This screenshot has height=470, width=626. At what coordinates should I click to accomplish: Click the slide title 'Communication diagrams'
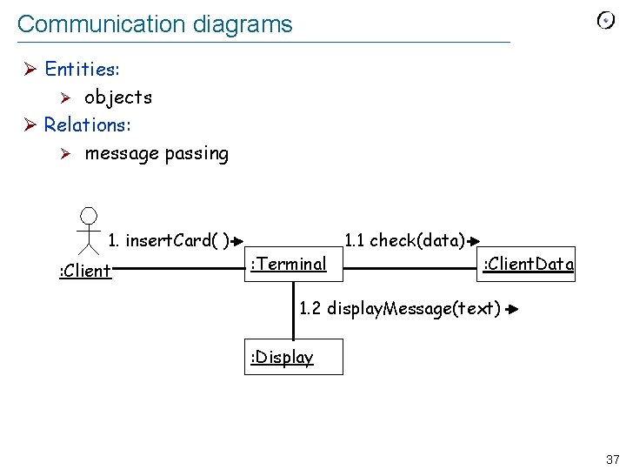click(155, 24)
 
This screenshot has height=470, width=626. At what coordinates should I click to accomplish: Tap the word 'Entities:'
click(82, 69)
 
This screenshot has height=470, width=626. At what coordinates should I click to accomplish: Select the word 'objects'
click(117, 97)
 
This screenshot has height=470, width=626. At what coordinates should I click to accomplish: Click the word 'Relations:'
click(87, 124)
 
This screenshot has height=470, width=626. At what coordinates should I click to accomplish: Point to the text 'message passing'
click(156, 154)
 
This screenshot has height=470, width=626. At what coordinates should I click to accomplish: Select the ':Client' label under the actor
click(85, 271)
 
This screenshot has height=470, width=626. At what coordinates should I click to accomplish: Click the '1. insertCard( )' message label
click(168, 240)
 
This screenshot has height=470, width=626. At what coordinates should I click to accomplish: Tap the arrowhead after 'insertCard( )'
click(237, 241)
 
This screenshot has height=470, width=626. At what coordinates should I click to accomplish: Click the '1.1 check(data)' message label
click(404, 240)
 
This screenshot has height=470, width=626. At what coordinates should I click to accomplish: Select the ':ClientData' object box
click(528, 264)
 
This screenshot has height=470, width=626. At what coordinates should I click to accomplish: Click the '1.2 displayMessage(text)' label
click(400, 308)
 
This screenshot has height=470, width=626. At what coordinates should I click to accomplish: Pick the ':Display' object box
click(293, 357)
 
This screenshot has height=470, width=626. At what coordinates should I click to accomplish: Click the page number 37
click(612, 459)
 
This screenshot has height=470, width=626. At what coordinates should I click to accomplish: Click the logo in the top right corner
click(606, 21)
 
